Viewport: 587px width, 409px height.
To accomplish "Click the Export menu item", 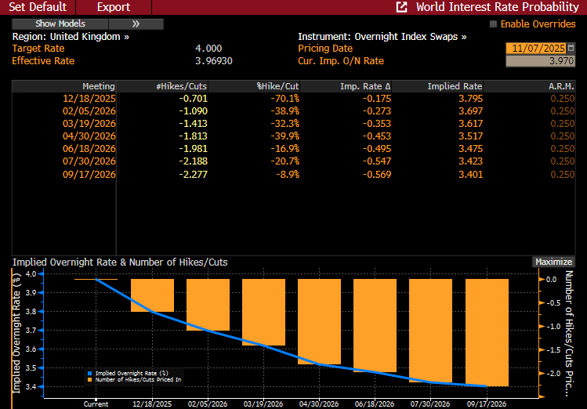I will [114, 7].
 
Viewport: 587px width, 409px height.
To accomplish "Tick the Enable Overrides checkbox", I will [494, 24].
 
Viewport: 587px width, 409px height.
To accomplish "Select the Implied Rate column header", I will [455, 86].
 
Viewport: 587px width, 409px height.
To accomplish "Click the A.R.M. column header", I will [562, 86].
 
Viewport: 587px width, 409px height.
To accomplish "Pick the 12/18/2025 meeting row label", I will [89, 99].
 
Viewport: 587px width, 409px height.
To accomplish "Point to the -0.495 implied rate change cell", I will [375, 149].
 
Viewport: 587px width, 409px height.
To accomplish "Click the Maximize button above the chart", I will [553, 262].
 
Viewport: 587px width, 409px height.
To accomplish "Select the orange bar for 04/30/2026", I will [319, 321].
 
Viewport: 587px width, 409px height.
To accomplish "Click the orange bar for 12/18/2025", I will [152, 295].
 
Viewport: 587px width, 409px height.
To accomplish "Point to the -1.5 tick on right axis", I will [552, 349].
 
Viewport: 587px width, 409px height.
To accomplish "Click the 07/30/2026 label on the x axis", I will [430, 404].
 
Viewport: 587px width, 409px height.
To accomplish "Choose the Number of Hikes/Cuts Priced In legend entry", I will [137, 379].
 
